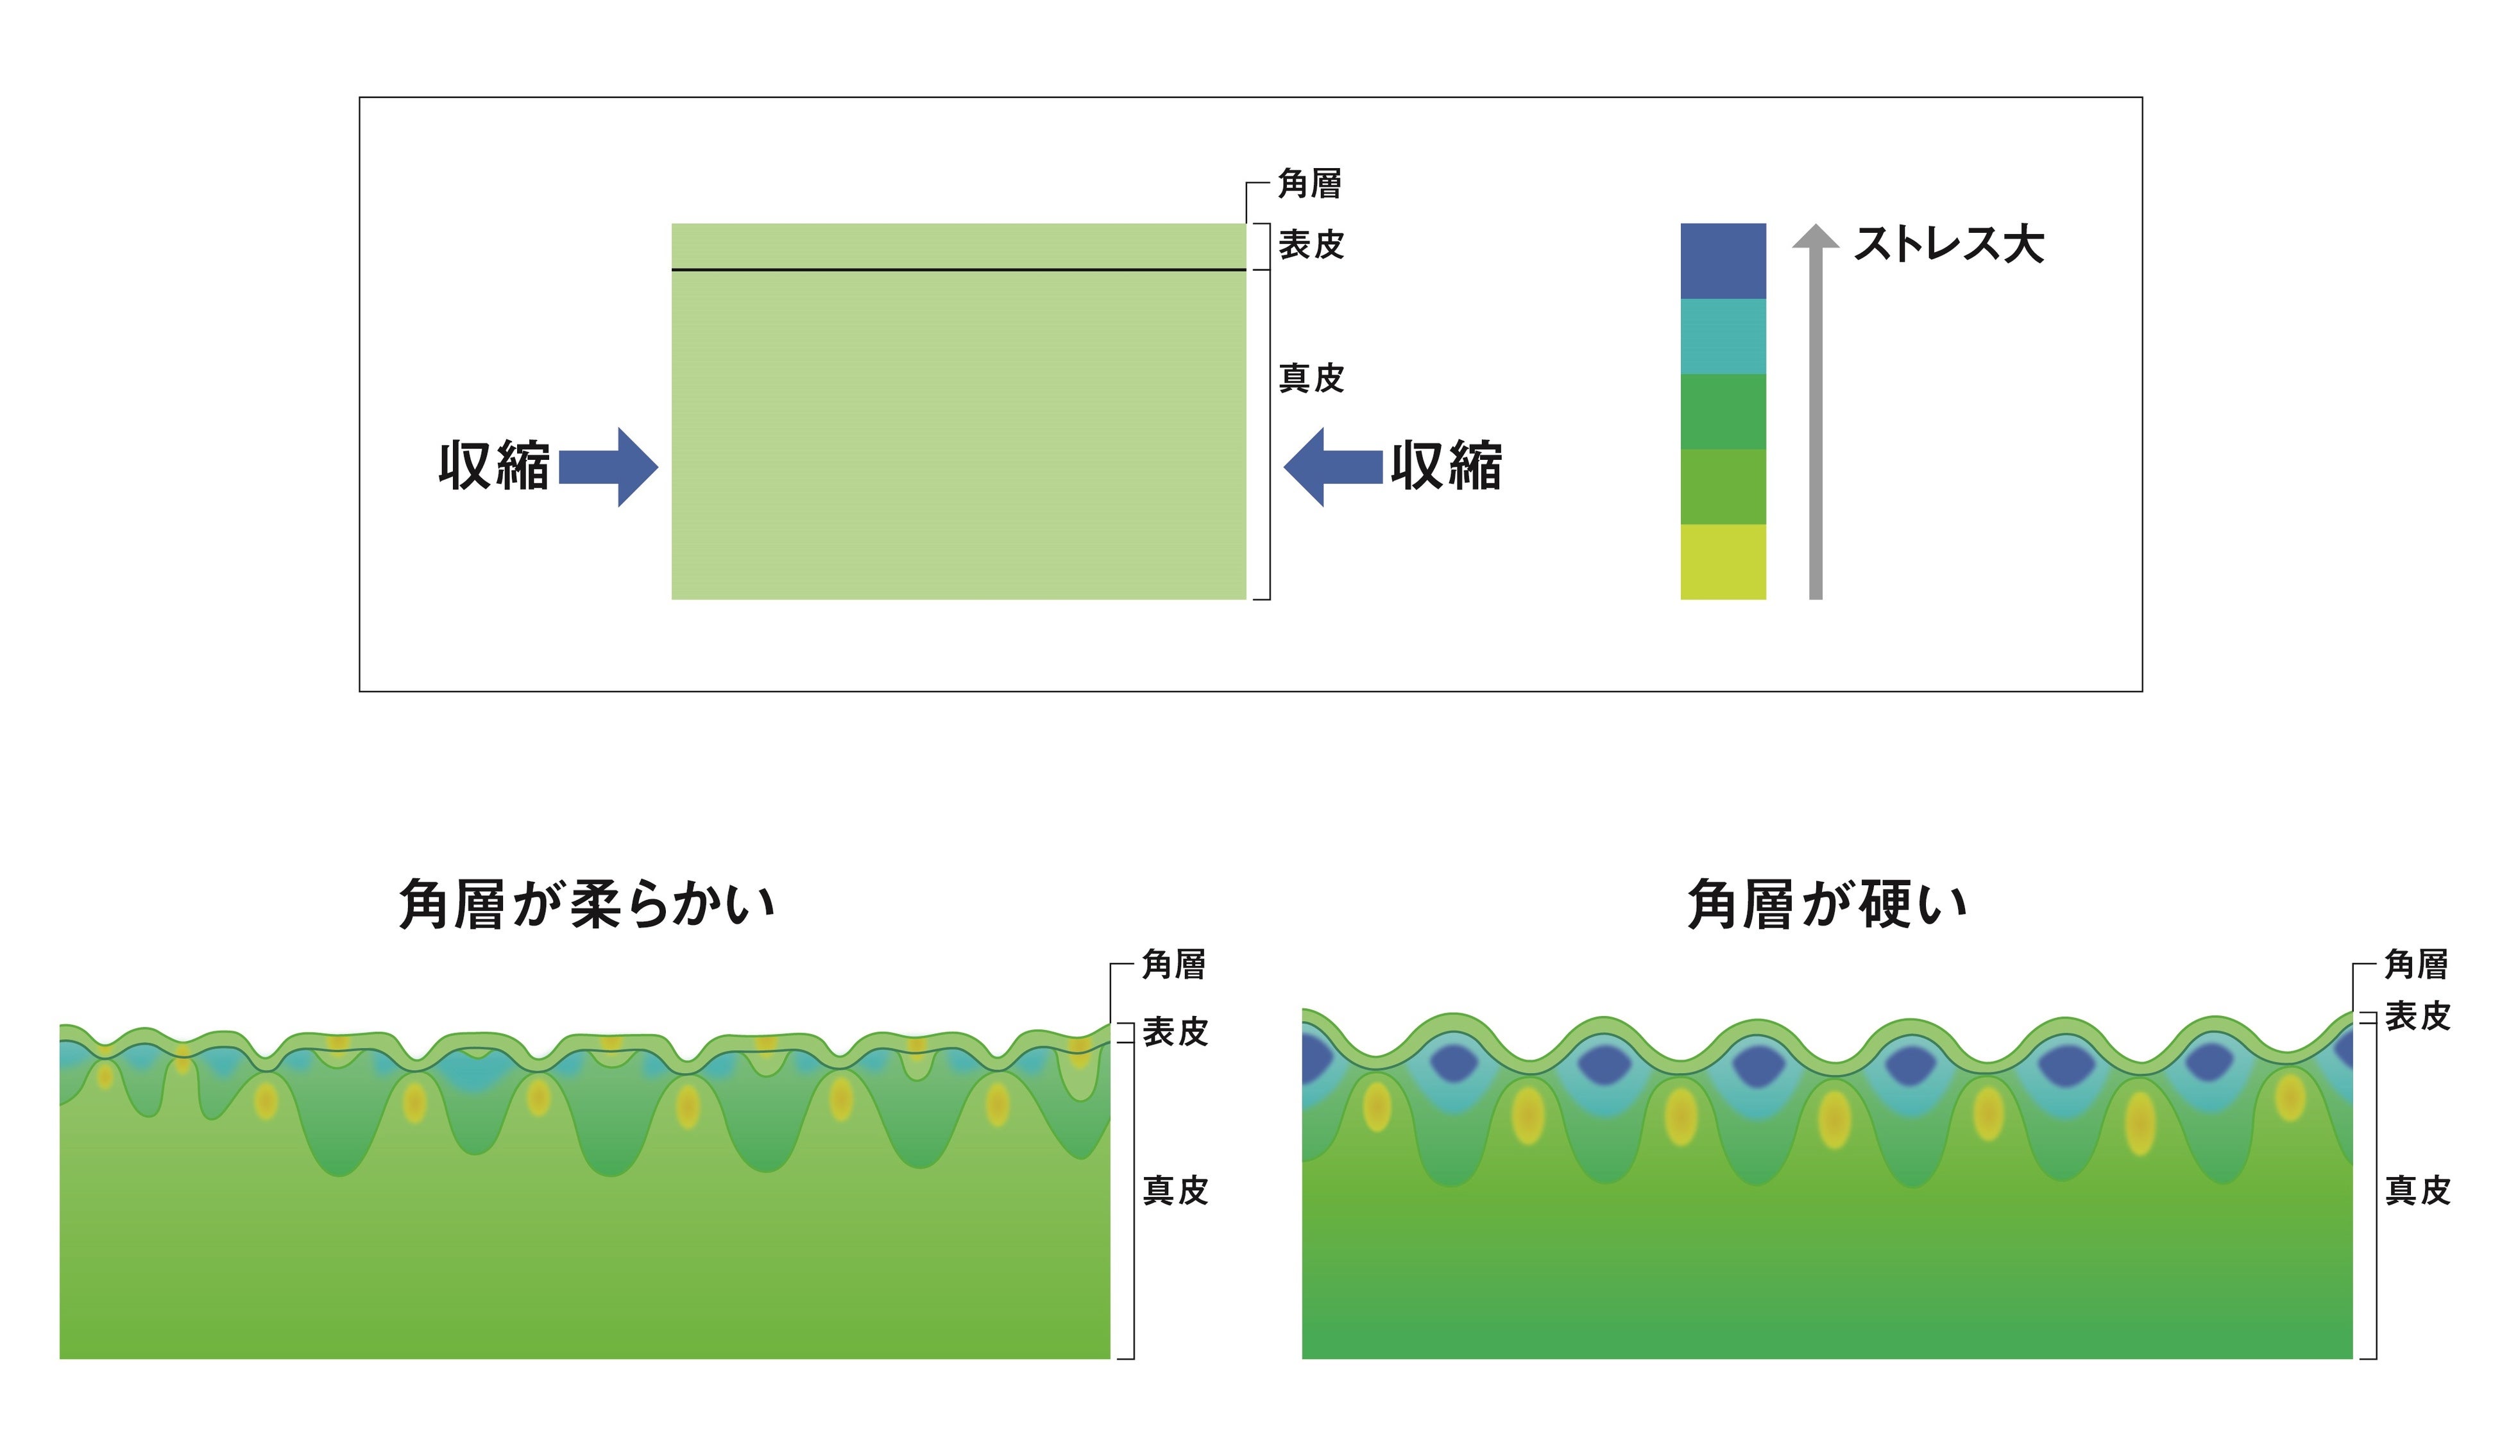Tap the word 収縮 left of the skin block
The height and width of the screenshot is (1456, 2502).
tap(493, 466)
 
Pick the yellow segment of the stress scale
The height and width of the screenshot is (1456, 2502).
tap(1723, 562)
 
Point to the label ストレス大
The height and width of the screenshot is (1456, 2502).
tap(1948, 244)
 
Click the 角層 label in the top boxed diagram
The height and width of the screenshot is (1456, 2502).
tap(1309, 183)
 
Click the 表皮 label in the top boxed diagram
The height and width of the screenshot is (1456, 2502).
tap(1311, 244)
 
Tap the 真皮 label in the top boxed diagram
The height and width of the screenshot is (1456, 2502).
tap(1311, 378)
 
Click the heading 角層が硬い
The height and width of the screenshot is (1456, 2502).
tap(1827, 904)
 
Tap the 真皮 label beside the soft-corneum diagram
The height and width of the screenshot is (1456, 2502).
tap(1175, 1190)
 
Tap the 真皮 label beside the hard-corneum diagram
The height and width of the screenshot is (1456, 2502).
tap(2417, 1190)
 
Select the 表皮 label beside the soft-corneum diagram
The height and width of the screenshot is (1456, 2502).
tap(1175, 1032)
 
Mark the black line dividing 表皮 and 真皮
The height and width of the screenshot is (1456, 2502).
tap(958, 270)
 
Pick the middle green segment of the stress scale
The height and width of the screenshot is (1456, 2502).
tap(1723, 411)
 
